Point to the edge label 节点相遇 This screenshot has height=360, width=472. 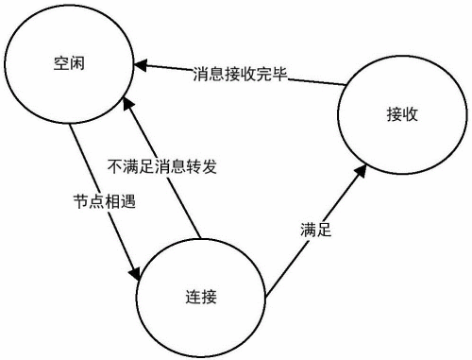point(99,201)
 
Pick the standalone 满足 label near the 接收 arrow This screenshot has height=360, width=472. point(315,230)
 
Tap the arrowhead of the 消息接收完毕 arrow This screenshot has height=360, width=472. point(140,64)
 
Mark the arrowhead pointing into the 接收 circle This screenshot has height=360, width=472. point(362,168)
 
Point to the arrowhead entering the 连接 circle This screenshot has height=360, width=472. point(135,273)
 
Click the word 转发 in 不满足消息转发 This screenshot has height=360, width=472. point(205,165)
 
